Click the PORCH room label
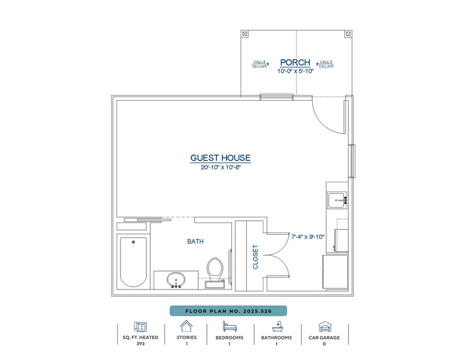pos(295,62)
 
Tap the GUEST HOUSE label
pos(220,158)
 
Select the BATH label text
pos(195,241)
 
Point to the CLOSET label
pos(255,257)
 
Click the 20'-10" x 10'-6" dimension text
pos(220,167)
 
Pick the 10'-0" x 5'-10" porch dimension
pos(295,71)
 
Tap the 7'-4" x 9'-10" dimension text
pos(308,237)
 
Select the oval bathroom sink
pos(176,280)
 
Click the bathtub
pos(133,262)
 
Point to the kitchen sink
pos(337,200)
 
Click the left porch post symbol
pos(245,34)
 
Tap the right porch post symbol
pos(348,34)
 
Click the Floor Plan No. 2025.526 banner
pos(228,311)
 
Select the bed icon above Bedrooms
pos(230,326)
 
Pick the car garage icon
pos(324,326)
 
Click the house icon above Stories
pos(186,326)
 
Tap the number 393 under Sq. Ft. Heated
pos(140,344)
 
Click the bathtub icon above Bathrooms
pos(277,327)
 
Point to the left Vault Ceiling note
pos(260,64)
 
